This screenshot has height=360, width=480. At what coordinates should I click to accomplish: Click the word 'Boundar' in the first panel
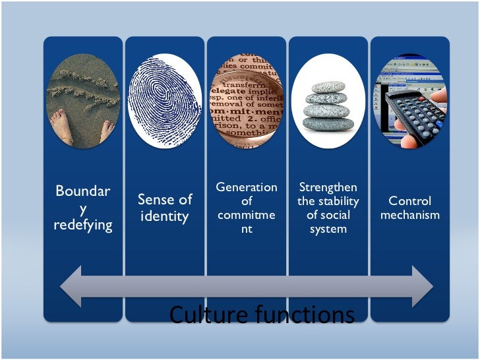[82, 192]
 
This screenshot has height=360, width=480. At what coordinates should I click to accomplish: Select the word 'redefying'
[82, 225]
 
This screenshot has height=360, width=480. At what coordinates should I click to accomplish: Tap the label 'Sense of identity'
[165, 207]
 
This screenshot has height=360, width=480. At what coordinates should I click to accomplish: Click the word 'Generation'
[247, 188]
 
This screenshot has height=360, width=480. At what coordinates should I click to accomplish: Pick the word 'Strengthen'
[328, 188]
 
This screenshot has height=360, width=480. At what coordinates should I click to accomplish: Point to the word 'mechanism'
[409, 215]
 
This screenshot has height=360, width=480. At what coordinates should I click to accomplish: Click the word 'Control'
[409, 200]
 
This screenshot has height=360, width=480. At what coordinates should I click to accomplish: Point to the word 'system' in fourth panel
[328, 228]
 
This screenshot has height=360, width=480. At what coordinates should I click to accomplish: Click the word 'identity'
[165, 216]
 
